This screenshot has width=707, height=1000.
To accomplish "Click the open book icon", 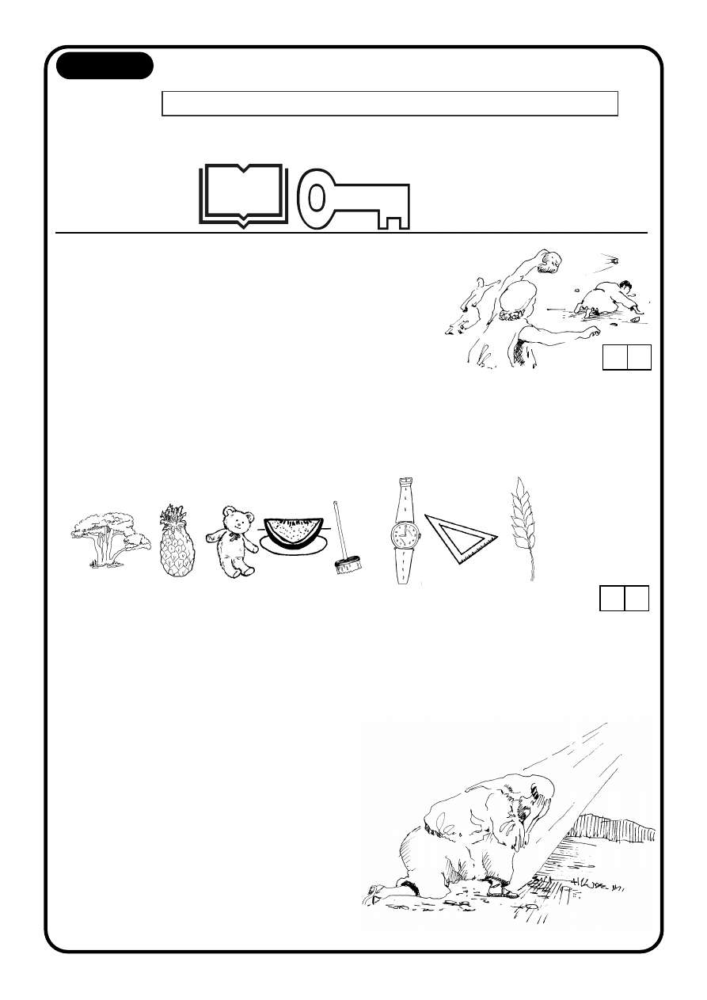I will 242,195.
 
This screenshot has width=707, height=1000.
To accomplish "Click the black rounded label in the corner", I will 105,66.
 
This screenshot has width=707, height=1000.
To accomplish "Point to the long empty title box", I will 390,104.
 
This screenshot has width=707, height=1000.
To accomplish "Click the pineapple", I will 177,546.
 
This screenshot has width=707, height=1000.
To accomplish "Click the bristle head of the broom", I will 348,565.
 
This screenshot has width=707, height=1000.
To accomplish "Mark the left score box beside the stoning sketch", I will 614,358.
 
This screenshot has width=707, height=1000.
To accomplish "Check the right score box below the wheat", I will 637,598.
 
